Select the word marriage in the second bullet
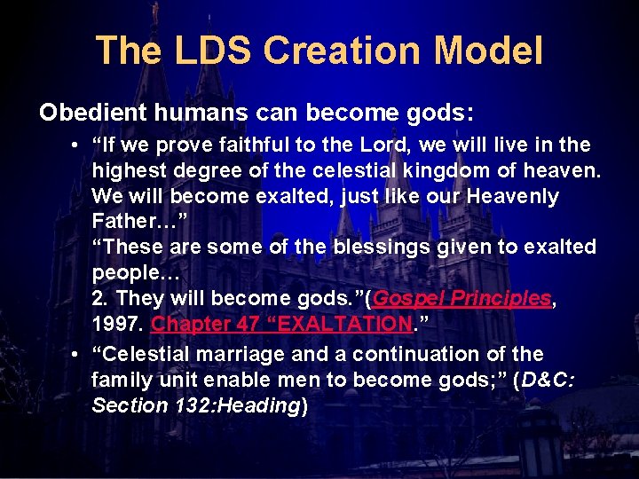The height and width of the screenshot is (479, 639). (x=242, y=354)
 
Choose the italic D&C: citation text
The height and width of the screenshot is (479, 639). (x=548, y=380)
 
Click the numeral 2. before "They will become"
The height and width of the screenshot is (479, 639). (x=99, y=299)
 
